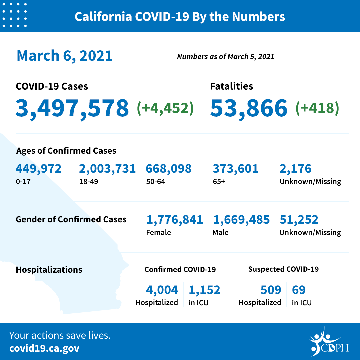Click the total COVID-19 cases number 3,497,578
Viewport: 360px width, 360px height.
[72, 108]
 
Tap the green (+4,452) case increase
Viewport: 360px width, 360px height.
[165, 108]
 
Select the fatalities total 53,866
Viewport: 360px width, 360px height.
[249, 108]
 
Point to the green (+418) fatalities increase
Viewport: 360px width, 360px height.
[317, 108]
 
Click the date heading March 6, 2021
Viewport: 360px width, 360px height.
[65, 55]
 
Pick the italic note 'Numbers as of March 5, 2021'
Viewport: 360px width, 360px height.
[225, 57]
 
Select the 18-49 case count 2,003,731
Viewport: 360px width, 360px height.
[107, 169]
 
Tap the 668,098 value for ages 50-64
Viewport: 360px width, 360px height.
[169, 169]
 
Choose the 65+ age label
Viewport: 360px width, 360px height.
[219, 182]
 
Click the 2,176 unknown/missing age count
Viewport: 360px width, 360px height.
[295, 169]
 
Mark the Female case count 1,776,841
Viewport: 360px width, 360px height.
[175, 220]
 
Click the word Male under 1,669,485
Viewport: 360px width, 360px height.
[220, 232]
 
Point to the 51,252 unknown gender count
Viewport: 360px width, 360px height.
[299, 220]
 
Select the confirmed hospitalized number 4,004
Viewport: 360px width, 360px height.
[162, 290]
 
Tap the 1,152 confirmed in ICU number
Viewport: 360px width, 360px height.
[204, 290]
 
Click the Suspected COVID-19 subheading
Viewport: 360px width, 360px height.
[283, 269]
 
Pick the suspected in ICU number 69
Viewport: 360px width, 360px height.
[299, 290]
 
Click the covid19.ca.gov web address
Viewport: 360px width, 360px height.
[44, 349]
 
